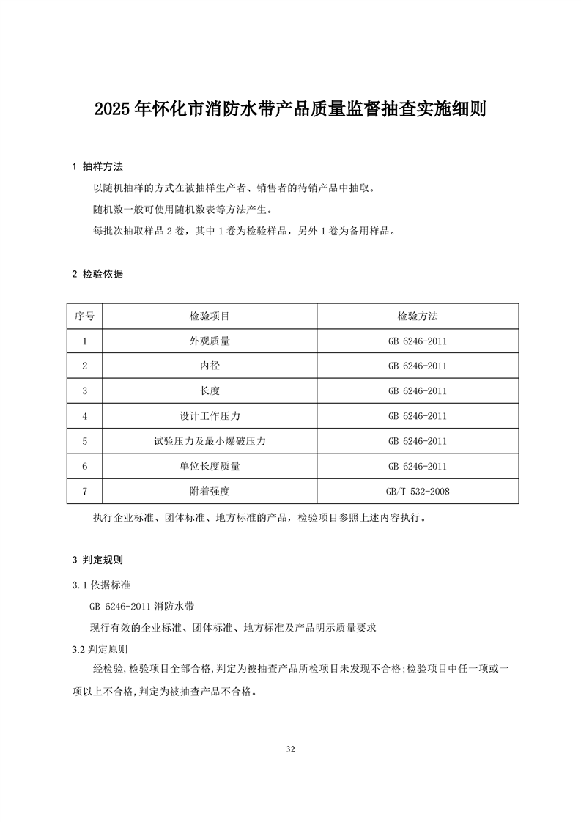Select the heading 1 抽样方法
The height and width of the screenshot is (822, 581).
click(x=97, y=167)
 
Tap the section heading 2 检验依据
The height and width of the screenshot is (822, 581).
click(x=97, y=275)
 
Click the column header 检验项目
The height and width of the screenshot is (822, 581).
click(x=210, y=316)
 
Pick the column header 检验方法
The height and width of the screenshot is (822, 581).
click(x=418, y=316)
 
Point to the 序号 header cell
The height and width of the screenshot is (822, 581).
click(x=85, y=316)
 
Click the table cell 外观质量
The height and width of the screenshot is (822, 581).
click(x=210, y=341)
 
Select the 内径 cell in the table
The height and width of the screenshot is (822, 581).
click(x=210, y=366)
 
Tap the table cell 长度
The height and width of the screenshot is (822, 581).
click(x=210, y=390)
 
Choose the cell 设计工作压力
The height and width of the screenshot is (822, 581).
click(x=210, y=416)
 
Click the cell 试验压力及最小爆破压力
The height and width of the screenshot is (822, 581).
click(x=210, y=441)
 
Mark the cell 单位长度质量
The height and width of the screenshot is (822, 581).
click(x=210, y=466)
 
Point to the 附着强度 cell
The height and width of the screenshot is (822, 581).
click(x=210, y=491)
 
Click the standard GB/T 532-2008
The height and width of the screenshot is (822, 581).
click(x=418, y=491)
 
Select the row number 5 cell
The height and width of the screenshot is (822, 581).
click(x=85, y=441)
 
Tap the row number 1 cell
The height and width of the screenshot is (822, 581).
click(x=85, y=341)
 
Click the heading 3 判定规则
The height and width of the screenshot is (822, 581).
click(x=97, y=560)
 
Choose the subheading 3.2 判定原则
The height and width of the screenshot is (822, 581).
click(x=101, y=649)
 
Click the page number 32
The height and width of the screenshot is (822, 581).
click(x=291, y=749)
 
